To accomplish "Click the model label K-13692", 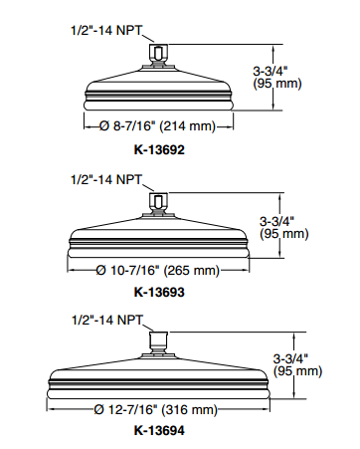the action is click(x=159, y=149).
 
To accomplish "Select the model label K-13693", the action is click(x=159, y=292).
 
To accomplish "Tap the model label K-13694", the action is click(x=159, y=430).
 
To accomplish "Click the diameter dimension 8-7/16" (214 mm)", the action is click(x=157, y=126).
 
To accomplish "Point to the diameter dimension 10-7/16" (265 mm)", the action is click(x=158, y=271).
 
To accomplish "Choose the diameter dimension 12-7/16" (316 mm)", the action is click(x=155, y=409).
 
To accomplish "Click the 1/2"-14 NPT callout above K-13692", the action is click(x=106, y=30).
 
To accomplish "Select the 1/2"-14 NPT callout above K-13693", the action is click(x=106, y=179).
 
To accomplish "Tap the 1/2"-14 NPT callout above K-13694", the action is click(x=107, y=320).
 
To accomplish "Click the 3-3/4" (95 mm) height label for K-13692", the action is click(x=277, y=78).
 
